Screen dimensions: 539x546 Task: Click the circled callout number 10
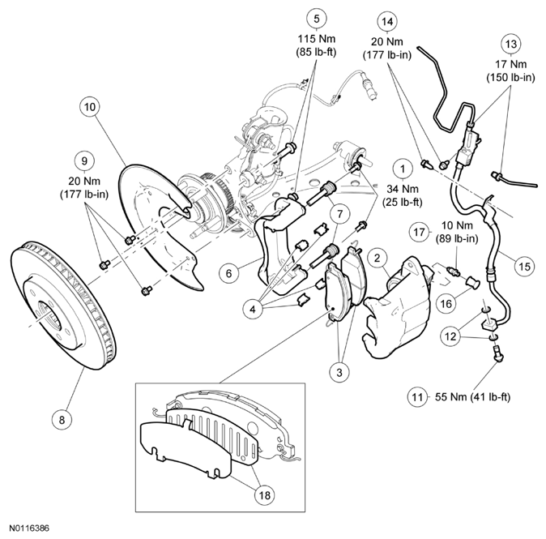(91, 105)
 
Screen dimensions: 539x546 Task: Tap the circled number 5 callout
(317, 18)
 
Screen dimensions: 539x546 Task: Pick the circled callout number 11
(417, 398)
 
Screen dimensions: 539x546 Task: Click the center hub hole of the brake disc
(47, 313)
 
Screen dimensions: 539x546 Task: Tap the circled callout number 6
(230, 274)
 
